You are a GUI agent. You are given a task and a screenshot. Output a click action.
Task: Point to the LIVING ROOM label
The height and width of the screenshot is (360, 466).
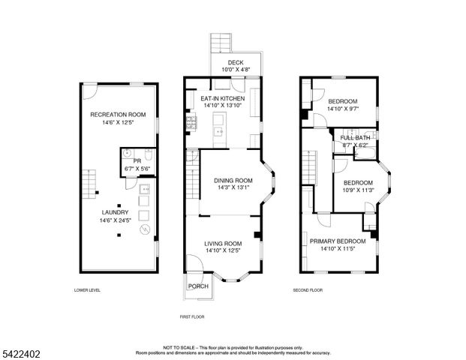click(223, 244)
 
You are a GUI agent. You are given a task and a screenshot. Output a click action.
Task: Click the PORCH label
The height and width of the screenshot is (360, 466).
click(198, 286)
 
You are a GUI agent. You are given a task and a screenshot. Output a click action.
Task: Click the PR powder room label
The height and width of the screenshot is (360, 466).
click(137, 160)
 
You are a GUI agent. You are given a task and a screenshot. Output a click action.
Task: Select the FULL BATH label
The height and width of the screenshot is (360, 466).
click(355, 138)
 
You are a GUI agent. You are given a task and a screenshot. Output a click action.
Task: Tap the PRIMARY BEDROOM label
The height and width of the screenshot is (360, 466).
click(337, 241)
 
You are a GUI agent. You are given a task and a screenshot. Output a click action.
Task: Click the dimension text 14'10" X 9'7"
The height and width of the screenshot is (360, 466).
click(342, 109)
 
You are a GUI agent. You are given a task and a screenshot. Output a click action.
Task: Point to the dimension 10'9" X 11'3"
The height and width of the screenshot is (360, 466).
click(358, 190)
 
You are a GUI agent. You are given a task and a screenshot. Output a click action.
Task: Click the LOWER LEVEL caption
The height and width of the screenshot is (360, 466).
click(87, 290)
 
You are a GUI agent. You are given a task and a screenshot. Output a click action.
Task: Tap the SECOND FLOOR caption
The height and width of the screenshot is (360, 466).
click(308, 290)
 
